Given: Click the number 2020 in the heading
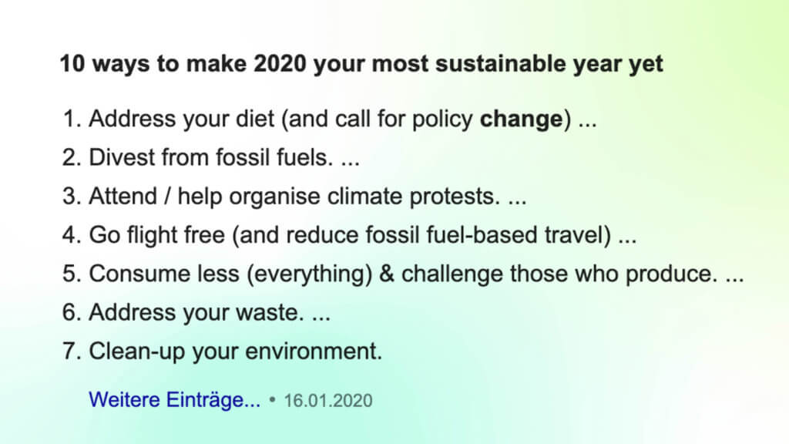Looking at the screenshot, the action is point(280,64).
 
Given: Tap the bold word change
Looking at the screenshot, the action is point(522,119).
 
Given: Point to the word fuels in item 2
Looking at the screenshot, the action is point(304,157).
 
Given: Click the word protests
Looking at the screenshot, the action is point(455,197).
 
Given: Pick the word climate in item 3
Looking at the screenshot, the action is point(364,196).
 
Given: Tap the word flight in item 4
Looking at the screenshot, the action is point(152,235).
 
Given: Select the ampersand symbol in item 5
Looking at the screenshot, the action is point(387,274).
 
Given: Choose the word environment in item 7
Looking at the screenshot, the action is point(313,351).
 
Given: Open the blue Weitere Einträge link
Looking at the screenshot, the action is point(175,400).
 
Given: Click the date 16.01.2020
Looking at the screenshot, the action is point(328,401).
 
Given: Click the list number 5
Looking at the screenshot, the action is point(71,274).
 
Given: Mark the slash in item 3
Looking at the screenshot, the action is point(167,197).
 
